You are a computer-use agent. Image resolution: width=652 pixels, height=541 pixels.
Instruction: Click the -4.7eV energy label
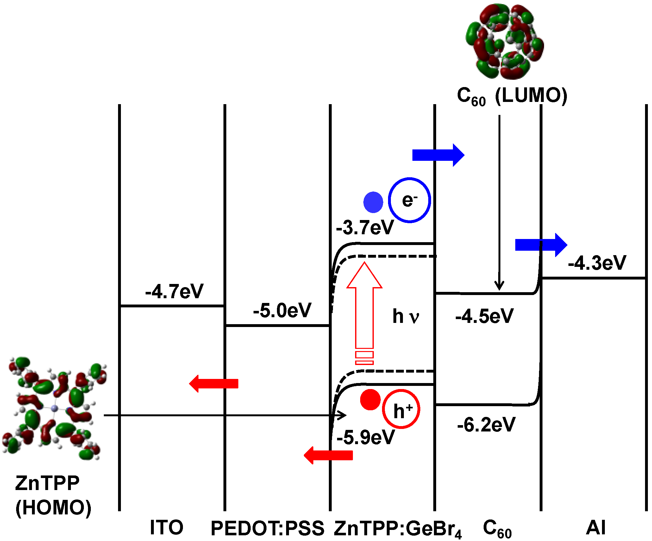pyautogui.click(x=174, y=291)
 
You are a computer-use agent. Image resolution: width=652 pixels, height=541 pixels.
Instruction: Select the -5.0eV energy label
pyautogui.click(x=282, y=310)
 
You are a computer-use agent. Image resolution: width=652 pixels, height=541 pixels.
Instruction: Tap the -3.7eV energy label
pyautogui.click(x=365, y=227)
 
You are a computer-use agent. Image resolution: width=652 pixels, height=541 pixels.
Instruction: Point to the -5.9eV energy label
pyautogui.click(x=366, y=437)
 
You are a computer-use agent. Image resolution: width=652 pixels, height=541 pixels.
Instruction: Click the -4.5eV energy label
pyautogui.click(x=484, y=316)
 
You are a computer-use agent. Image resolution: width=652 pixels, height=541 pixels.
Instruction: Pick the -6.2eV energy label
pyautogui.click(x=486, y=425)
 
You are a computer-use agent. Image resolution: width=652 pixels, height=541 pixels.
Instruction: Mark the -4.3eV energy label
pyautogui.click(x=597, y=263)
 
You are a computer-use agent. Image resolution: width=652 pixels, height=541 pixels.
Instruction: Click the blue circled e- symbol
pyautogui.click(x=409, y=200)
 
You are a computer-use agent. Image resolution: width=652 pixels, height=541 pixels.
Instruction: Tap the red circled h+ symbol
pyautogui.click(x=401, y=409)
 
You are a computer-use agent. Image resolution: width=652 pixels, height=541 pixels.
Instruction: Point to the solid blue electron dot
pyautogui.click(x=373, y=202)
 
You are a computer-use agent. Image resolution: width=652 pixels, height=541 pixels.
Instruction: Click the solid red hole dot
pyautogui.click(x=370, y=399)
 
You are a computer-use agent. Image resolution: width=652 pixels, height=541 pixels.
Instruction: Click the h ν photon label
pyautogui.click(x=406, y=316)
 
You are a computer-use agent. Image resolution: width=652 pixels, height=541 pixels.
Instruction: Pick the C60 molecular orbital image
pyautogui.click(x=505, y=41)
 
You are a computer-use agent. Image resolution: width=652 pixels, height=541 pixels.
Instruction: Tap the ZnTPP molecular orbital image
pyautogui.click(x=54, y=408)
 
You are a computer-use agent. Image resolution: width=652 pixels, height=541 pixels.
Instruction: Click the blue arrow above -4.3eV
pyautogui.click(x=541, y=245)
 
